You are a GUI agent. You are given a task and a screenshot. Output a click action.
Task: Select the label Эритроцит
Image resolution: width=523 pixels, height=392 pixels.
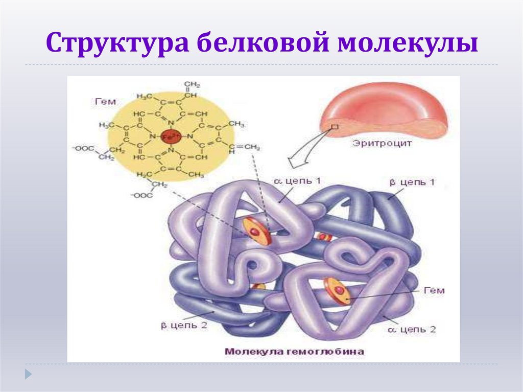[382, 144]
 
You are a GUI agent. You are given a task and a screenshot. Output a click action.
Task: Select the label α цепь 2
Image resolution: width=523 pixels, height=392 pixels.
[412, 329]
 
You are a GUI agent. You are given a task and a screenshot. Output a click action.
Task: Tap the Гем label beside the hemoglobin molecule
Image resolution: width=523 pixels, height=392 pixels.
[434, 290]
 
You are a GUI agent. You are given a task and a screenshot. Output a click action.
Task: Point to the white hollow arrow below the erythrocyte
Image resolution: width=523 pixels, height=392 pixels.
[301, 156]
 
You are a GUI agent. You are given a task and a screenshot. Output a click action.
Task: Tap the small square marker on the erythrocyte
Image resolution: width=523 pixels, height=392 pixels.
[335, 126]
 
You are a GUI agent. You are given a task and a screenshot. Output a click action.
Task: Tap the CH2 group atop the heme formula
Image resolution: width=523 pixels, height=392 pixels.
[192, 84]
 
